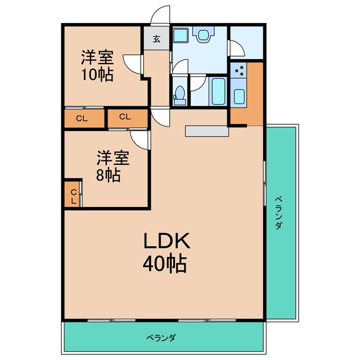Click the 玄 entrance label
pyautogui.click(x=157, y=39)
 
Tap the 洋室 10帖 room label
pyautogui.click(x=97, y=66)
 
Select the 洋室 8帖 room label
pyautogui.click(x=112, y=166)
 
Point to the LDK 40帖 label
pyautogui.click(x=166, y=252)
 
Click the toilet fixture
pyautogui.click(x=179, y=96)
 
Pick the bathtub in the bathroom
pyautogui.click(x=218, y=92)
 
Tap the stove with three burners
pyautogui.click(x=238, y=70)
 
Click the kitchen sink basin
pyautogui.click(x=239, y=97)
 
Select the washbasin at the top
pyautogui.click(x=203, y=35)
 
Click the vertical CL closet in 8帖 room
pyautogui.click(x=73, y=194)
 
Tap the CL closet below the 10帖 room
pyautogui.click(x=84, y=119)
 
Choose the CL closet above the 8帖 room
pyautogui.click(x=128, y=118)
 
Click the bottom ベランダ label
pyautogui.click(x=161, y=337)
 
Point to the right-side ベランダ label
pyautogui.click(x=278, y=213)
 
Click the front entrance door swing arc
pyautogui.click(x=161, y=14)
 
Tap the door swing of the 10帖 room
pyautogui.click(x=133, y=64)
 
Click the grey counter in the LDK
pyautogui.click(x=207, y=131)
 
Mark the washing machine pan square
pyautogui.click(x=181, y=35)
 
